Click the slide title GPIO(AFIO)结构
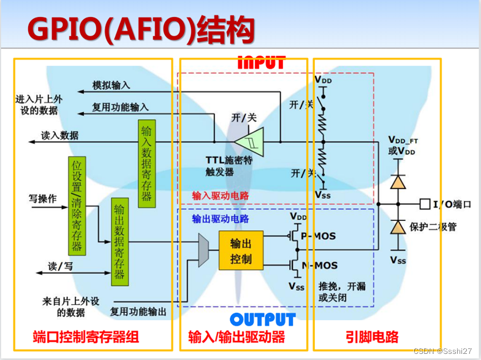(x=141, y=29)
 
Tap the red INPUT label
(x=262, y=62)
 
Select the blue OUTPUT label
(x=263, y=320)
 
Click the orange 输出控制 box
(x=241, y=250)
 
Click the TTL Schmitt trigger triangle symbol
(x=249, y=141)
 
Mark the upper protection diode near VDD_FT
(x=398, y=181)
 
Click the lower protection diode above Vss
(x=398, y=227)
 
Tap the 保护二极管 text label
(x=434, y=227)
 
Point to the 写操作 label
(x=43, y=200)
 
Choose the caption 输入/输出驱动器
(x=237, y=337)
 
